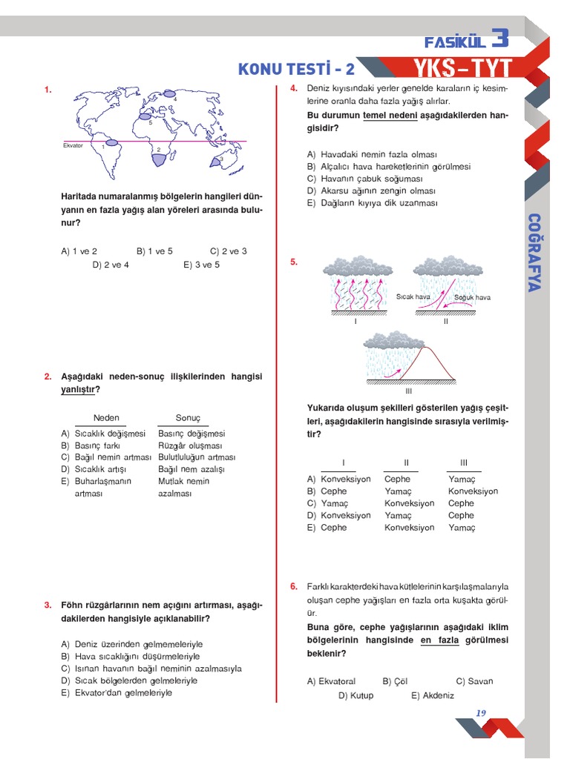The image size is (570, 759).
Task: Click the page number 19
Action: point(480,713)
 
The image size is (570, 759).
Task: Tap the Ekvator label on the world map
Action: point(73,145)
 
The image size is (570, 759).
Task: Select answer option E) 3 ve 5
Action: point(202,264)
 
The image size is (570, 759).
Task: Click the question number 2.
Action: point(47,377)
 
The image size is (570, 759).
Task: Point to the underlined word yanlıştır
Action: point(79,389)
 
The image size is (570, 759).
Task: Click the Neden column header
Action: point(106,417)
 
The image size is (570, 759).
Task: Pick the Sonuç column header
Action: point(188,417)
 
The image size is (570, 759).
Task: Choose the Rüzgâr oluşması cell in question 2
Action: point(190,445)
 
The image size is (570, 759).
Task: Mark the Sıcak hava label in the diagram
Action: point(413,297)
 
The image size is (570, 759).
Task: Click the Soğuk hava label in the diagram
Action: point(472,297)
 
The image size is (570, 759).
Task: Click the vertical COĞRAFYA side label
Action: point(533,253)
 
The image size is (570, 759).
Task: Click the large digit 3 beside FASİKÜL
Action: point(500,38)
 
